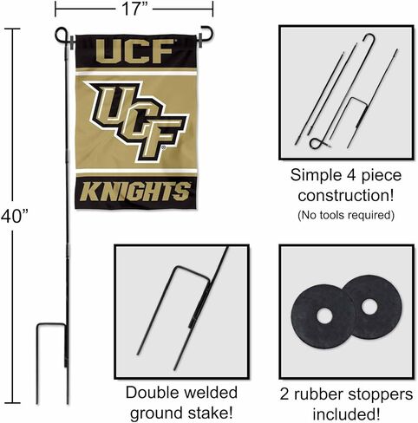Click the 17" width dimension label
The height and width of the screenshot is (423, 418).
coord(134,9)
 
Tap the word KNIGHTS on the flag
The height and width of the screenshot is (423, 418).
coord(136,192)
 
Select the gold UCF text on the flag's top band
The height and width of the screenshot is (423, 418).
coord(134,51)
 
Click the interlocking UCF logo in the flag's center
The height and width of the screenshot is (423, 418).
coord(136,120)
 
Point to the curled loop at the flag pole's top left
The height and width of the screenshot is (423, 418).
coord(62,35)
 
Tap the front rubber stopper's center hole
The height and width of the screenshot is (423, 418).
coord(324,316)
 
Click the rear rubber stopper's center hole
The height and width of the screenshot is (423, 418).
coord(369,307)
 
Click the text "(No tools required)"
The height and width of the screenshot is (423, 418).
coord(346,215)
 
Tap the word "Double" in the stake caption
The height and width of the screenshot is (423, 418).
coord(153,393)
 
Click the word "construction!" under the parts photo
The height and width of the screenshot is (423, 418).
coord(346,196)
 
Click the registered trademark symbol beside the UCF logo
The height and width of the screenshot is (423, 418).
coord(163,148)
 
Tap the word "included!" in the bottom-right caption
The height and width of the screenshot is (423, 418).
coord(346,414)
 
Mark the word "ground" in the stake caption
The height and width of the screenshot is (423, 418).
coord(157,413)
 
